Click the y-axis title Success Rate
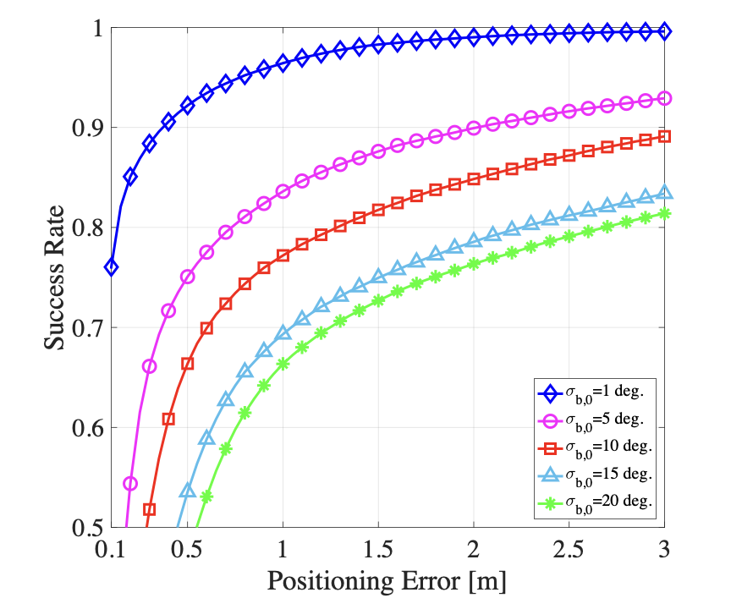pyautogui.click(x=55, y=277)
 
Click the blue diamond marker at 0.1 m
pyautogui.click(x=111, y=267)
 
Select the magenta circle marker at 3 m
pyautogui.click(x=664, y=98)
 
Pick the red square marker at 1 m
pyautogui.click(x=283, y=255)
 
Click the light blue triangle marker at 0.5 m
pyautogui.click(x=188, y=491)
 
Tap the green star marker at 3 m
pyautogui.click(x=664, y=213)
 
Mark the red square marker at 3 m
pyautogui.click(x=664, y=136)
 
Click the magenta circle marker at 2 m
pyautogui.click(x=474, y=128)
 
